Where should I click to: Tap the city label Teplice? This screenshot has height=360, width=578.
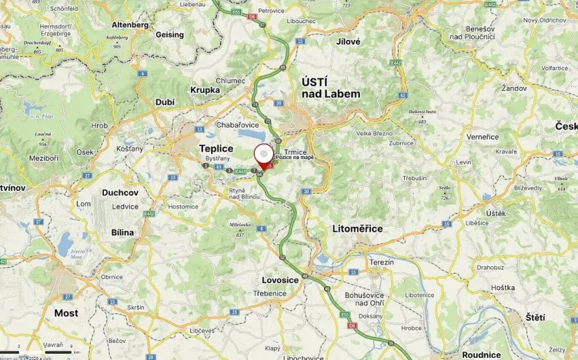pyautogui.click(x=216, y=148)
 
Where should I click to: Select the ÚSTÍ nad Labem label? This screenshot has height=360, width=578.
pyautogui.click(x=330, y=87)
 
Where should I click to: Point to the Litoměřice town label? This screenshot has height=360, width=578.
pyautogui.click(x=357, y=228)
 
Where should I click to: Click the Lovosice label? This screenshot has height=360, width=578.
pyautogui.click(x=280, y=280)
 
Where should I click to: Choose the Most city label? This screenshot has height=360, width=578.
pyautogui.click(x=66, y=313)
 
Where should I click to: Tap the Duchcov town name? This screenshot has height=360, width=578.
pyautogui.click(x=119, y=192)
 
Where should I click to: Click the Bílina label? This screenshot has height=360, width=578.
pyautogui.click(x=122, y=232)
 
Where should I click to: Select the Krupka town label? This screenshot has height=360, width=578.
pyautogui.click(x=205, y=89)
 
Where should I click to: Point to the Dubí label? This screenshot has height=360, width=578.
pyautogui.click(x=165, y=102)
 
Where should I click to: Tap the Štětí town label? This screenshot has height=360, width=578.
pyautogui.click(x=535, y=317)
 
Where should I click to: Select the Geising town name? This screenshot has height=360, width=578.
pyautogui.click(x=170, y=35)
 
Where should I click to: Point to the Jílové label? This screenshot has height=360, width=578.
pyautogui.click(x=349, y=41)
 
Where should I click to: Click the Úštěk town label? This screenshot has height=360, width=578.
pyautogui.click(x=496, y=212)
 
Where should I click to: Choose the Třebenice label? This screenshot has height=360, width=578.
pyautogui.click(x=271, y=294)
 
